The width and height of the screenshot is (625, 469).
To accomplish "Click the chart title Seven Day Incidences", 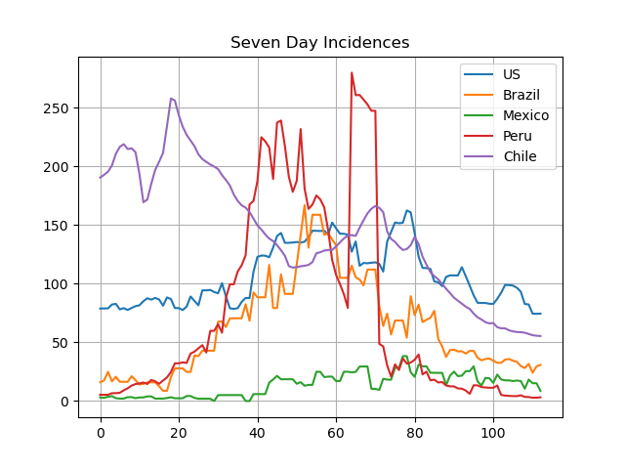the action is pyautogui.click(x=319, y=42).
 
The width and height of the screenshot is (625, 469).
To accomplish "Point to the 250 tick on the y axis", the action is pyautogui.click(x=56, y=108).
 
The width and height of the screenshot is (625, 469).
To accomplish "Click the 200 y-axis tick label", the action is pyautogui.click(x=56, y=167).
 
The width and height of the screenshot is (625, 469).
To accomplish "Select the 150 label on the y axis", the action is pyautogui.click(x=56, y=226).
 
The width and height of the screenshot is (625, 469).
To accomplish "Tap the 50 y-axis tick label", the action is pyautogui.click(x=61, y=343).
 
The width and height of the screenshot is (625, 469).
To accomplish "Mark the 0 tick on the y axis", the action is pyautogui.click(x=64, y=402).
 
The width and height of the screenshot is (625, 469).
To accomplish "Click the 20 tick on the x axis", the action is pyautogui.click(x=179, y=433).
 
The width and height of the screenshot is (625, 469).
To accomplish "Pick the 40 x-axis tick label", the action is pyautogui.click(x=258, y=433).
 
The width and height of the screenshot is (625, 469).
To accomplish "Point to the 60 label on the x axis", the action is pyautogui.click(x=336, y=433).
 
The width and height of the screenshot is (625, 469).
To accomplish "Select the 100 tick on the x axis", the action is pyautogui.click(x=493, y=433).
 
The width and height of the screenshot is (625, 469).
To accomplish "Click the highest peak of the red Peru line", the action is pyautogui.click(x=352, y=72).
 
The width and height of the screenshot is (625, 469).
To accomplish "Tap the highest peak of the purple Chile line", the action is pyautogui.click(x=171, y=98).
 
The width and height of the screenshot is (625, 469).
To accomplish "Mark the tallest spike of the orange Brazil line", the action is pyautogui.click(x=305, y=205).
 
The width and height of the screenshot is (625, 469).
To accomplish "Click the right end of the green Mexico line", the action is pyautogui.click(x=540, y=391).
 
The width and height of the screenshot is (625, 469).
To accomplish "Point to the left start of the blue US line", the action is pyautogui.click(x=101, y=309).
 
